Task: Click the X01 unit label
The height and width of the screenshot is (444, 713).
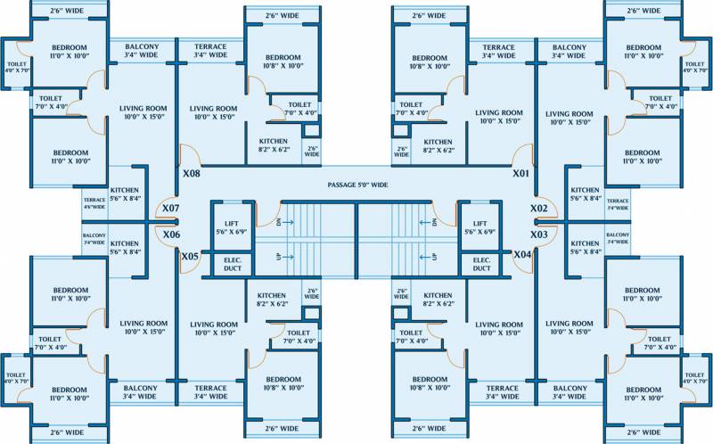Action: tap(521, 173)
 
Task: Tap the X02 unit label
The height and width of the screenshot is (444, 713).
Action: tap(539, 208)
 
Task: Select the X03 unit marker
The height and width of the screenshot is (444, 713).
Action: tap(539, 234)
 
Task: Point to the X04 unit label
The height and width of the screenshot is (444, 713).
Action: tap(522, 255)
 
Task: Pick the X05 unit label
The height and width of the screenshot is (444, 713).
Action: tap(190, 257)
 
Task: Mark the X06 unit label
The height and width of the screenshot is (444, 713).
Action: tap(171, 234)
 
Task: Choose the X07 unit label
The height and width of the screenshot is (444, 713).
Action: tap(171, 209)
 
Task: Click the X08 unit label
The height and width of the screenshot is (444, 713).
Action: tap(191, 174)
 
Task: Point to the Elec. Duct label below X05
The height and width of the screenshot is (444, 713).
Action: tap(232, 263)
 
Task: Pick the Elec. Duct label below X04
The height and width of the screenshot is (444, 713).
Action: tap(481, 263)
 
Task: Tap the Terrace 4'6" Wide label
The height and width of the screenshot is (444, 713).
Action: tap(94, 203)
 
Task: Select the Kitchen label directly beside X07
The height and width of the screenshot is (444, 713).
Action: tap(125, 194)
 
